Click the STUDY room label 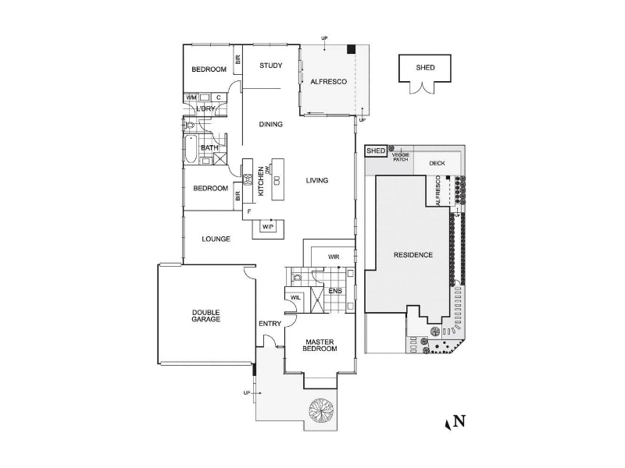coord(271,66)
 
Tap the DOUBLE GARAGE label coord(206,316)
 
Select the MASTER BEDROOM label coord(320,345)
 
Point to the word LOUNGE coord(216,239)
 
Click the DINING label coord(270,124)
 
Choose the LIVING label coord(316,180)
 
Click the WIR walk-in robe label coord(334,256)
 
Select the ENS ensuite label coord(335,292)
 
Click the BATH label coord(210,147)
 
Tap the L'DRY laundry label coord(205,108)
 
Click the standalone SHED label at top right coord(426,68)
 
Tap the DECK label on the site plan coord(436,163)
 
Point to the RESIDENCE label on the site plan coord(412,255)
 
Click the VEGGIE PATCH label coord(401,156)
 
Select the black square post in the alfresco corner coord(352,49)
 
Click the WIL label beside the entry coord(296,297)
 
